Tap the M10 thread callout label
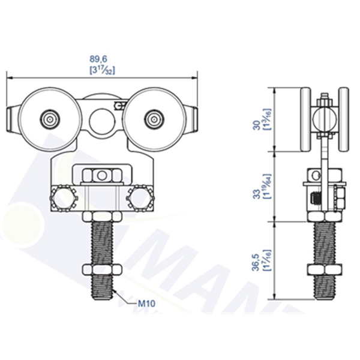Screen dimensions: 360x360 click(x=147, y=304)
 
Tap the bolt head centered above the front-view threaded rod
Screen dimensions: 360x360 click(x=101, y=175)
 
